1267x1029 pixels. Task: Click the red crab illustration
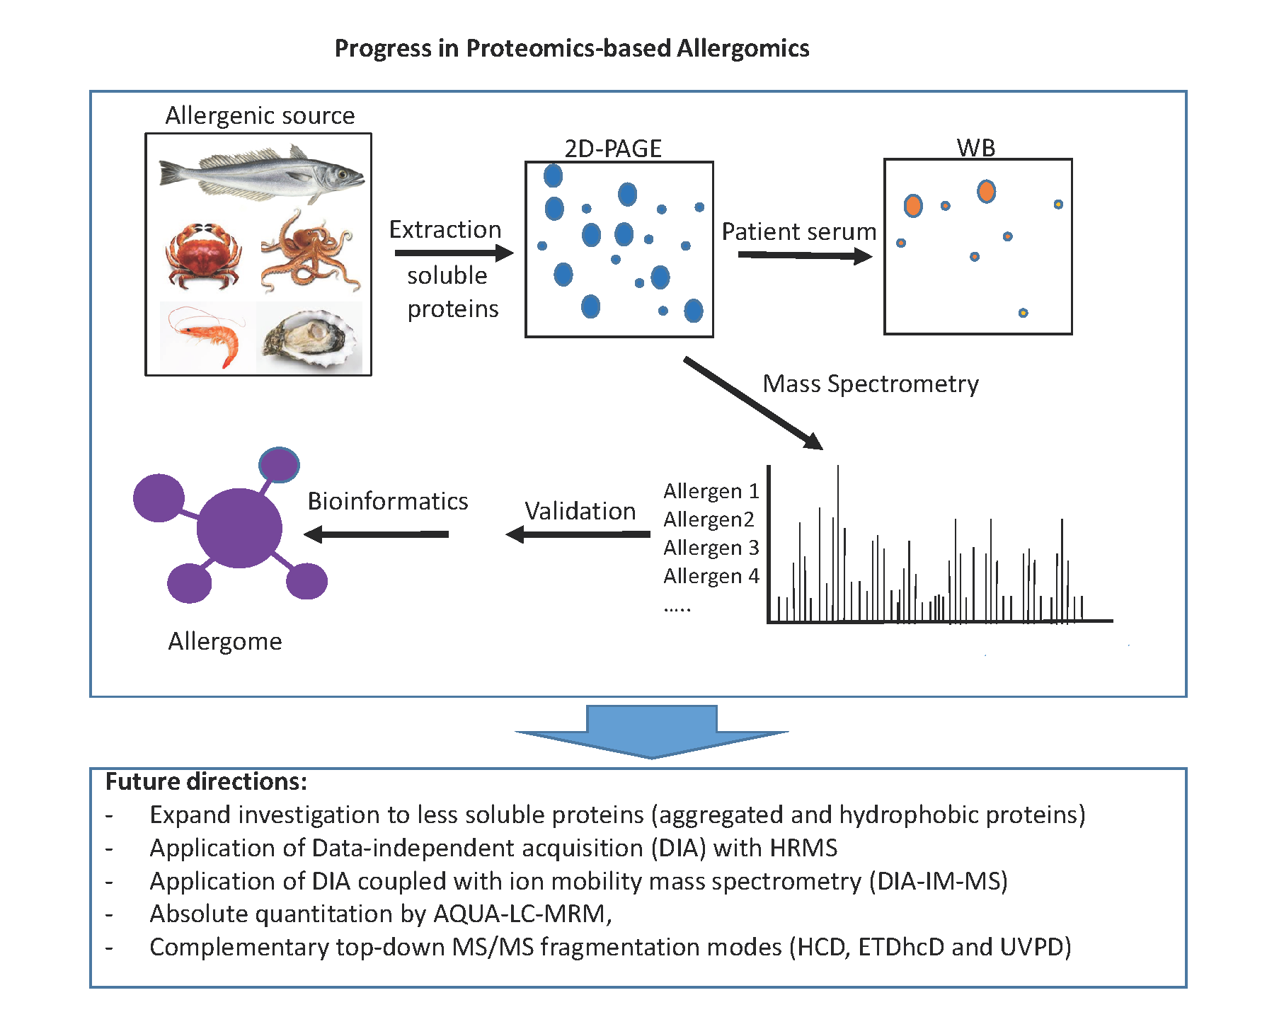(x=203, y=255)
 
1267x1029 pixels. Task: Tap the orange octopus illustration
(x=310, y=252)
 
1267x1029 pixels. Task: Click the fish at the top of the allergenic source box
(x=261, y=173)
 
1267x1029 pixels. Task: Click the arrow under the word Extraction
(x=453, y=253)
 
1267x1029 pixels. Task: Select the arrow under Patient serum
(x=804, y=255)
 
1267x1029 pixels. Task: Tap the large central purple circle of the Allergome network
(x=239, y=528)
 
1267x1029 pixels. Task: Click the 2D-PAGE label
(x=613, y=149)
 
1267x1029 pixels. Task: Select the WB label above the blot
(x=976, y=147)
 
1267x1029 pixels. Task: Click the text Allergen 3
(x=711, y=548)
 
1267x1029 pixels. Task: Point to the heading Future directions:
(x=206, y=781)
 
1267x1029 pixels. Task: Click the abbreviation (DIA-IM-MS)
(x=939, y=881)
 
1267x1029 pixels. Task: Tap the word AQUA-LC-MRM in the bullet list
(x=520, y=914)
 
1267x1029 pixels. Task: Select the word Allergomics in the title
(x=743, y=48)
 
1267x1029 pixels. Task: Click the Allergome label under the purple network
(x=225, y=641)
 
